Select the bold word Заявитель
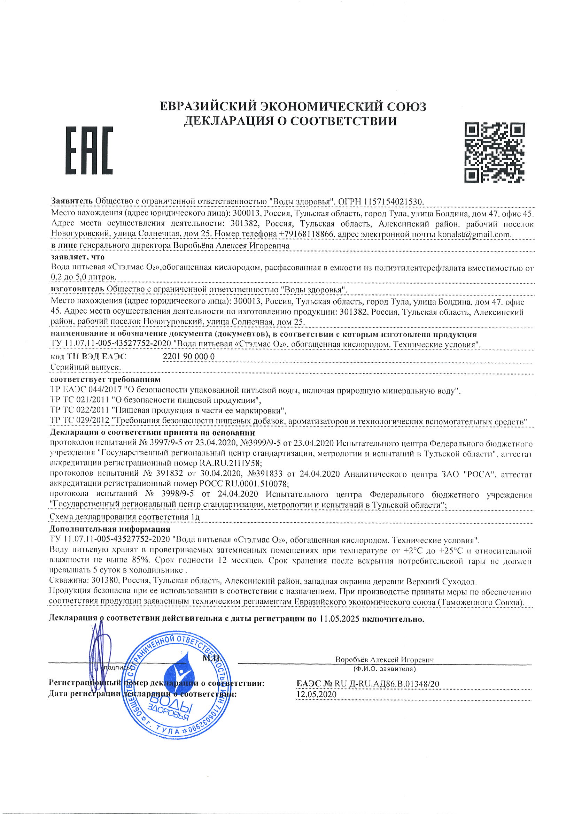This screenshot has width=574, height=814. [x=72, y=202]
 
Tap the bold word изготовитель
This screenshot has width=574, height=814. [x=77, y=290]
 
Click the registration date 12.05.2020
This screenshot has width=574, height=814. [x=316, y=694]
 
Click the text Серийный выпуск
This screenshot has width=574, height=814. [x=84, y=367]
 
